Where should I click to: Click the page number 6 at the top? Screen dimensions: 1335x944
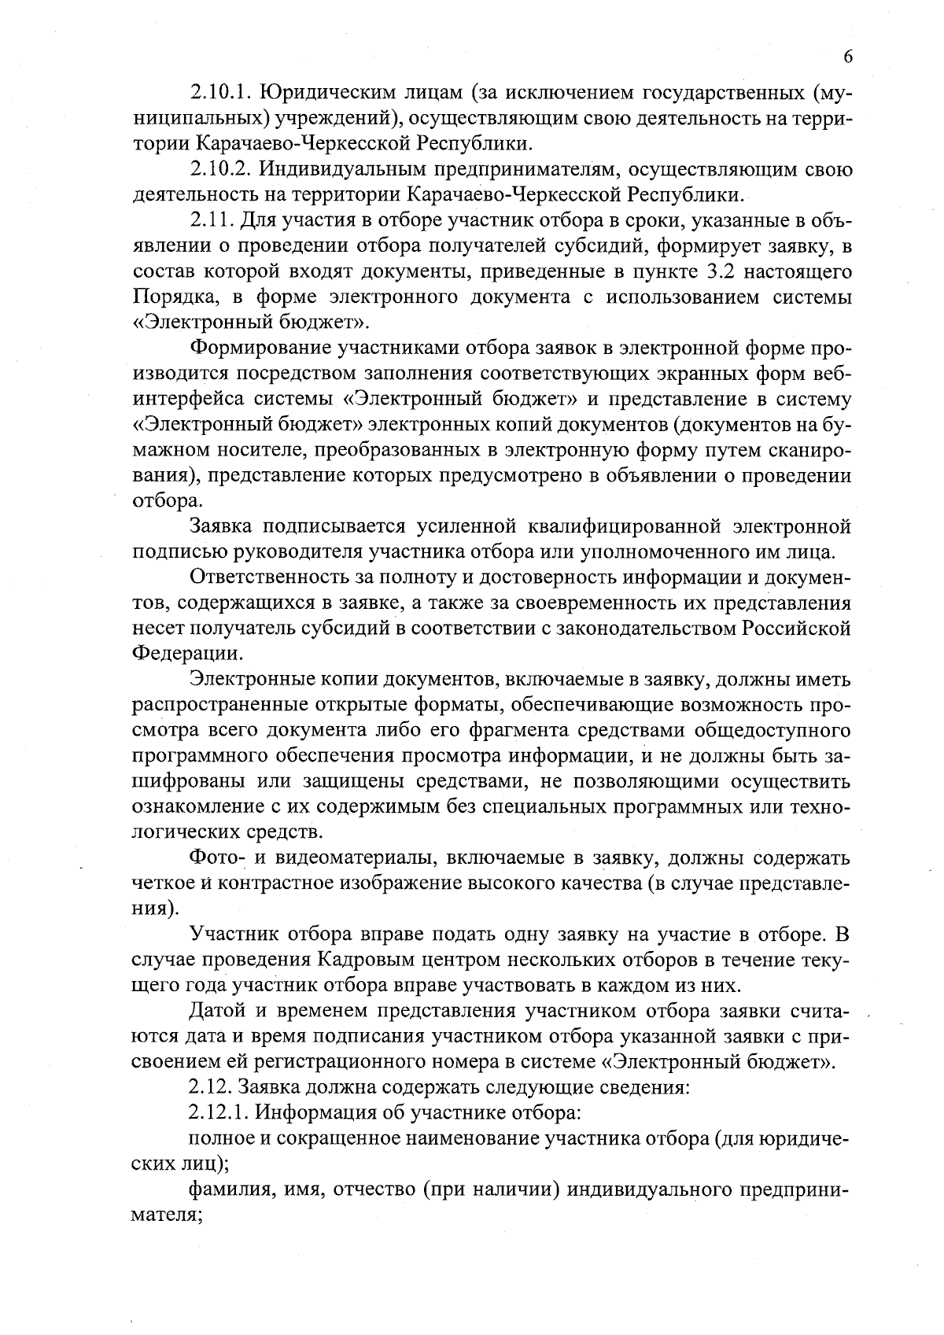pyautogui.click(x=848, y=57)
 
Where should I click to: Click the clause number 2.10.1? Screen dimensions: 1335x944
pyautogui.click(x=219, y=93)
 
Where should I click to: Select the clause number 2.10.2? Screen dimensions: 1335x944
pyautogui.click(x=219, y=169)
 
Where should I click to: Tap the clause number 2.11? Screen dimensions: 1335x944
pyautogui.click(x=213, y=220)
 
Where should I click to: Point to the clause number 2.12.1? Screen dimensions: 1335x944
pyautogui.click(x=219, y=1114)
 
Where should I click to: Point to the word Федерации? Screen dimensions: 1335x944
pyautogui.click(x=186, y=654)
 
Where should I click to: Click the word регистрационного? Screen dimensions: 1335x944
pyautogui.click(x=322, y=1063)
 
